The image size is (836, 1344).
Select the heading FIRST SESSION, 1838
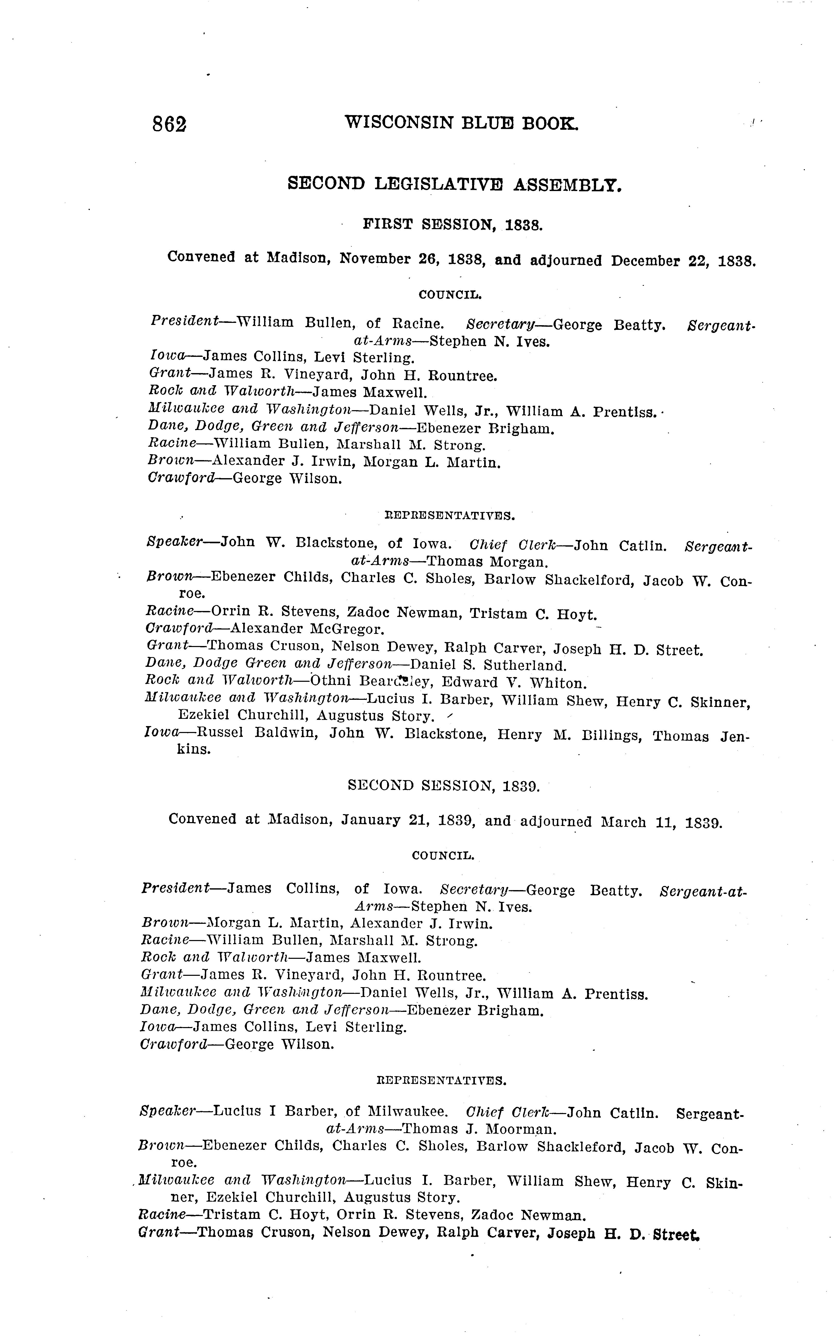click(452, 225)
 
